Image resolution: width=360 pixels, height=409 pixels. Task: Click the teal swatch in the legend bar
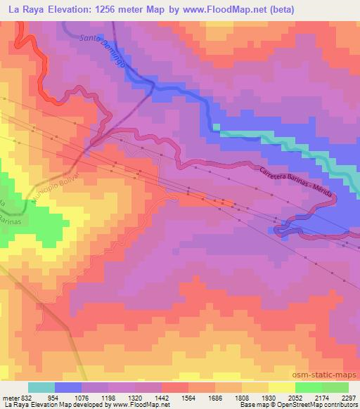tap(41, 387)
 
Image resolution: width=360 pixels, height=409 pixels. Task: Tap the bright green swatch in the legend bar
tap(308, 387)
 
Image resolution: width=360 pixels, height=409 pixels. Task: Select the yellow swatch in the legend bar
tap(281, 387)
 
